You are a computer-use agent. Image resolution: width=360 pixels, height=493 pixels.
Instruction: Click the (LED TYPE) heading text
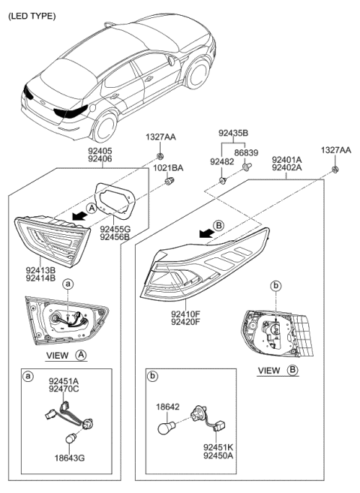31,16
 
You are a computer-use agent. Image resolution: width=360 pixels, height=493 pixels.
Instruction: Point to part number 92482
222,161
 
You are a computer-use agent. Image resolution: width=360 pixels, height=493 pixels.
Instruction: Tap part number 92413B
42,269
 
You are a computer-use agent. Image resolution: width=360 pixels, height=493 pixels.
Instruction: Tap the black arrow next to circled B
200,233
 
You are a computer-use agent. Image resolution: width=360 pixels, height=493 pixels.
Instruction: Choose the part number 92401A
286,160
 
